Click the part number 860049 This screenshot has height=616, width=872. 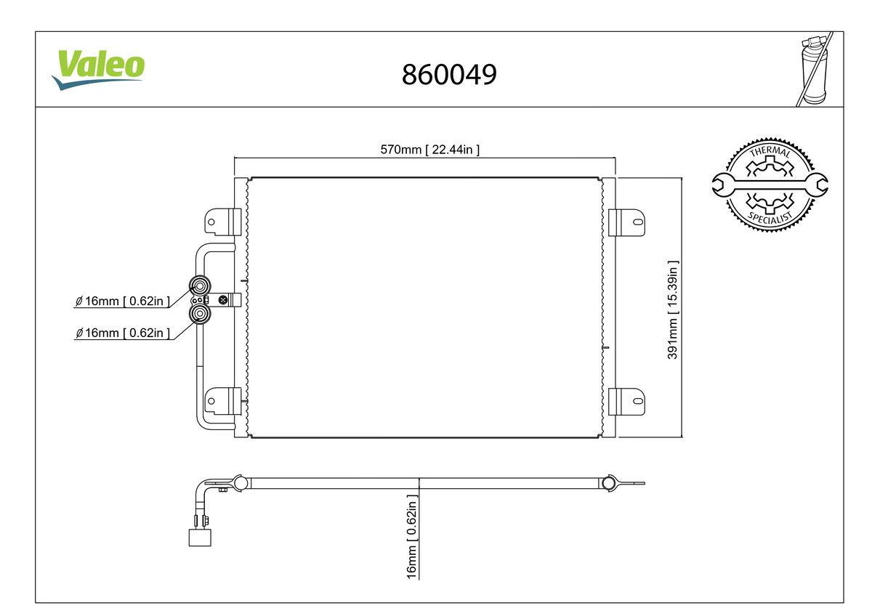pos(449,74)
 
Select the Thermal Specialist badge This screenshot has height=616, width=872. pos(770,185)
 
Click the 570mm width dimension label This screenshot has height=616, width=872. pos(430,150)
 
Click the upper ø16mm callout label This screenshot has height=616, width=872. pos(123,301)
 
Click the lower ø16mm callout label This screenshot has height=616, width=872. pos(123,333)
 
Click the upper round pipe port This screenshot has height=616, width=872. pos(199,285)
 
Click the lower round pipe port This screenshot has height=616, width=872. pos(199,314)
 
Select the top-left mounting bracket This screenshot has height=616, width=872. pos(223,220)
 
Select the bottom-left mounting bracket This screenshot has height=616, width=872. pos(223,400)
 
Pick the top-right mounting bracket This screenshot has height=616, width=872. pos(626,222)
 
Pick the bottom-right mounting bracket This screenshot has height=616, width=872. pos(626,400)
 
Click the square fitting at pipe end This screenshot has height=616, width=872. pos(198,537)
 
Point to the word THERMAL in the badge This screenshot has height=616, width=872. pos(769,152)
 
